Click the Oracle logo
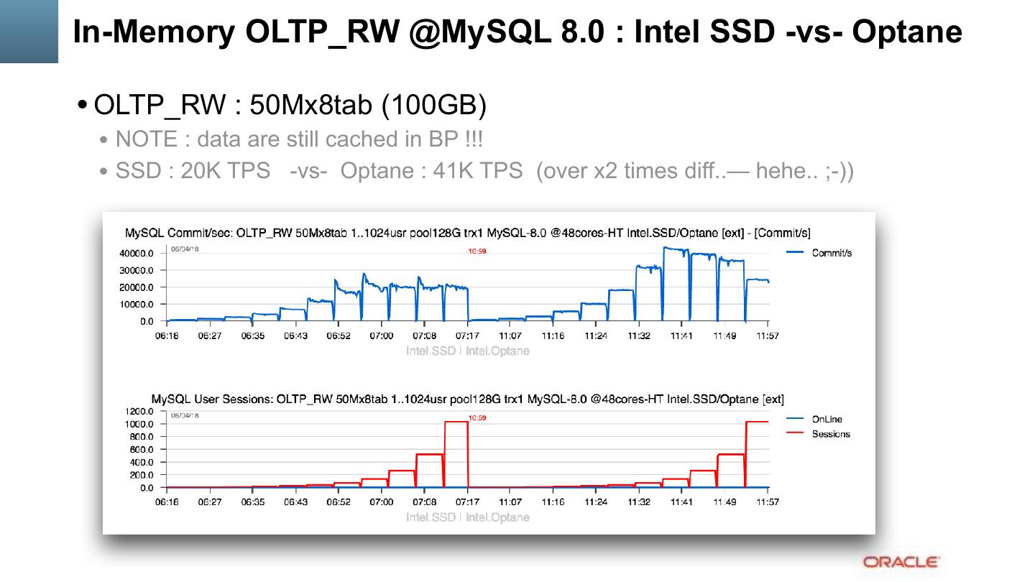tap(901, 562)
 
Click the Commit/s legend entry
tap(832, 253)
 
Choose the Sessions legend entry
tap(831, 434)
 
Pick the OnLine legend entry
tap(827, 420)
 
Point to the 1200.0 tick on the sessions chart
tap(139, 412)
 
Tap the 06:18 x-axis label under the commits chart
tap(167, 336)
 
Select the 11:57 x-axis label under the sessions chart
tap(768, 502)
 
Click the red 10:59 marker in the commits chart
tap(477, 251)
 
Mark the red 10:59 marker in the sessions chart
tap(477, 417)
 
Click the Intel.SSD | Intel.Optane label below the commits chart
tap(468, 351)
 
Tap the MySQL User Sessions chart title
tap(467, 399)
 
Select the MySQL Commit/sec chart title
tap(467, 233)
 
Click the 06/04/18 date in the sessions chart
tap(185, 415)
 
